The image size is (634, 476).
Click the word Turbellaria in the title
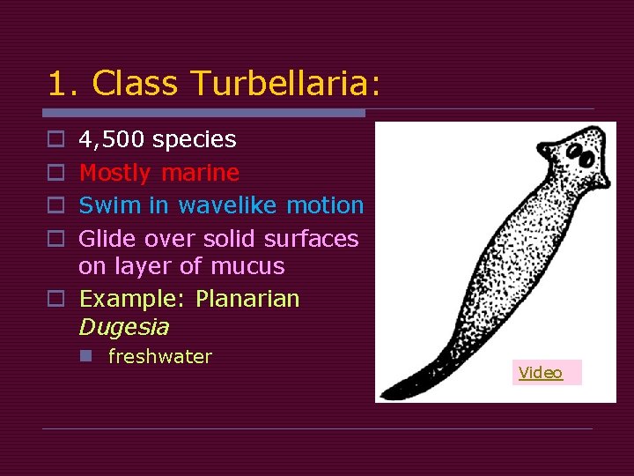pos(287,84)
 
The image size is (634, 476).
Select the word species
pos(194,139)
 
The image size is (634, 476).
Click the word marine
pos(200,172)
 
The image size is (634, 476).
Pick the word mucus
pos(246,266)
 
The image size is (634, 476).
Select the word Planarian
pos(247,299)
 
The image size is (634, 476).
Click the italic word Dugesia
pos(123,327)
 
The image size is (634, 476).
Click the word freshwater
pos(159,357)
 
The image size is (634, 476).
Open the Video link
pos(541,373)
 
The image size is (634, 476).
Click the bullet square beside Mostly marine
pos(55,173)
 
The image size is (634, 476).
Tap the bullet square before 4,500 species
pos(55,140)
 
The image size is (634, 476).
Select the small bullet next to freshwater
pos(85,357)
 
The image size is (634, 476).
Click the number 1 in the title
pos(56,84)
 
